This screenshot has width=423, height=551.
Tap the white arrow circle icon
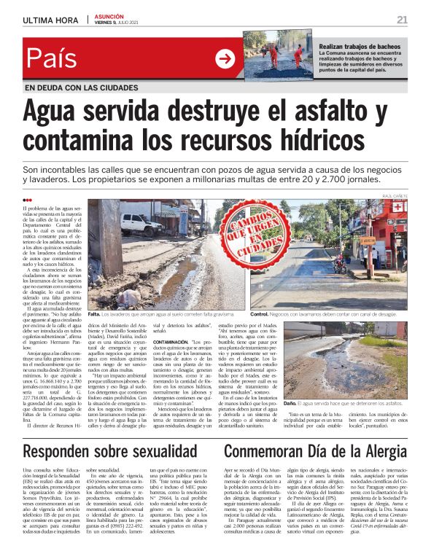click(x=225, y=59)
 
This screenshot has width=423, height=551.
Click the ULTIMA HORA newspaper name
click(x=50, y=20)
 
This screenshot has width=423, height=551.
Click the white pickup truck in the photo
click(x=142, y=224)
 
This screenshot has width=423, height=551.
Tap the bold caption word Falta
click(x=95, y=313)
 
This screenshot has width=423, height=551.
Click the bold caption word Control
click(x=260, y=313)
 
